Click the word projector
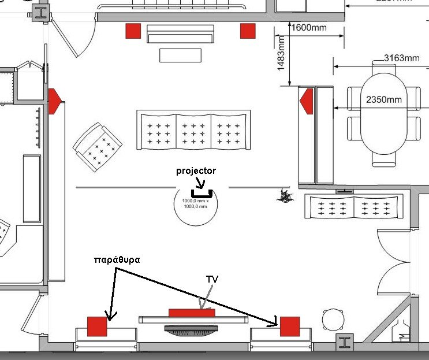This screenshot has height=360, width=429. click(196, 171)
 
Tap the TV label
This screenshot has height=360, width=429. click(212, 279)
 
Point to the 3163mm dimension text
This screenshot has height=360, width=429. click(401, 58)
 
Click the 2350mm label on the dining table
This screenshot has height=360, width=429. click(383, 99)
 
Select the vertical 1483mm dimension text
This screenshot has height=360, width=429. click(281, 53)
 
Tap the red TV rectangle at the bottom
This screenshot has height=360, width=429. click(191, 313)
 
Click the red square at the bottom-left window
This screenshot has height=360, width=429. click(98, 326)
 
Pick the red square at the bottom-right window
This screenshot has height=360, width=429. click(289, 326)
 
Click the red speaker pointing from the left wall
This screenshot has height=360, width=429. click(54, 101)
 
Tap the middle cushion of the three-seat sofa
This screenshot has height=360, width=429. click(193, 130)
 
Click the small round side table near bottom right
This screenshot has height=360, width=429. click(333, 318)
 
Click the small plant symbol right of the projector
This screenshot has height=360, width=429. click(285, 196)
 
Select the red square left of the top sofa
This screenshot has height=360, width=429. click(133, 31)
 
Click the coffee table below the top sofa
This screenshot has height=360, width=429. click(180, 55)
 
